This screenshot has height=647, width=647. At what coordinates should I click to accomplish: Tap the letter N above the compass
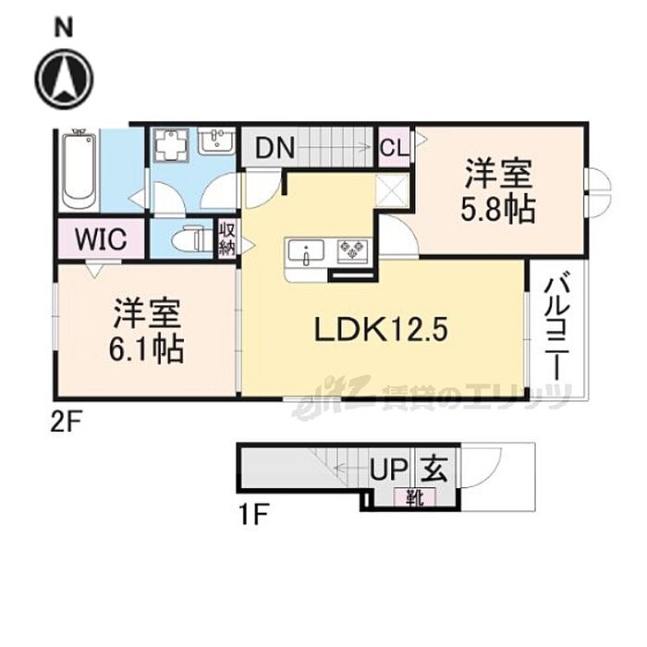[64, 27]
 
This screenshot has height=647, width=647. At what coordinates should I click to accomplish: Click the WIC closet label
[102, 239]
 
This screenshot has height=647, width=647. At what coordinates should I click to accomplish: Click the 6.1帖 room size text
[148, 350]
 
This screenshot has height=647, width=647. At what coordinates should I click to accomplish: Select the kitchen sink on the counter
[305, 250]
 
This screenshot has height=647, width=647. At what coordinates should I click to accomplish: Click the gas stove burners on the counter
[353, 248]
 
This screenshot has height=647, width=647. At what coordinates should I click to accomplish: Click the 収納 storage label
[227, 238]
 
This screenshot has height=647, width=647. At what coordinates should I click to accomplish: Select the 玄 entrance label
[435, 470]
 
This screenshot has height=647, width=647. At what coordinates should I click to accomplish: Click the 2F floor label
[67, 424]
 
